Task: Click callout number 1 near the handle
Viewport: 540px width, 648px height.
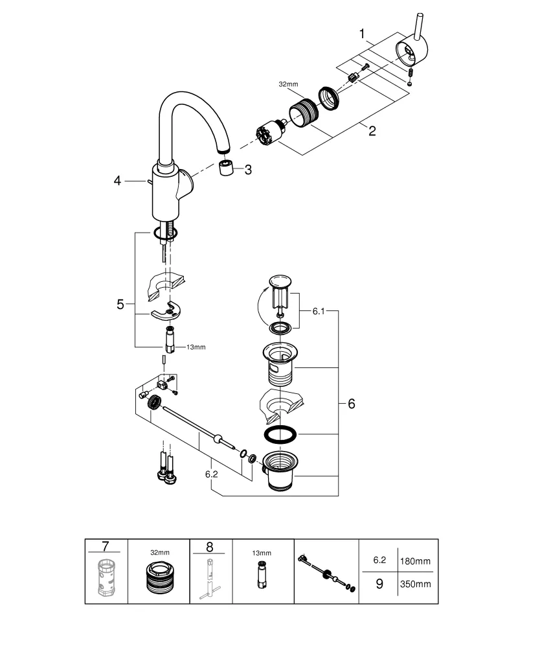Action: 363,32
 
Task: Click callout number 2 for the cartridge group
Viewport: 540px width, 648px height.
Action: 372,130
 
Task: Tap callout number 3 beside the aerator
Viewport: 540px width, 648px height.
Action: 247,170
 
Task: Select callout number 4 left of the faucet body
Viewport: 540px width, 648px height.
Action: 117,181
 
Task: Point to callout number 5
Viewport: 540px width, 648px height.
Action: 120,304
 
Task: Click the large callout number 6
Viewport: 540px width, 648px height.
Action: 351,404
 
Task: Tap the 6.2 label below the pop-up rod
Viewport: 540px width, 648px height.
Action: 211,474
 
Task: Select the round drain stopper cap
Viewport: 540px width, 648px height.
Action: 280,281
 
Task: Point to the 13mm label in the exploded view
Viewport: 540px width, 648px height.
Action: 196,347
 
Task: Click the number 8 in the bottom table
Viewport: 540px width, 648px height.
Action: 209,548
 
